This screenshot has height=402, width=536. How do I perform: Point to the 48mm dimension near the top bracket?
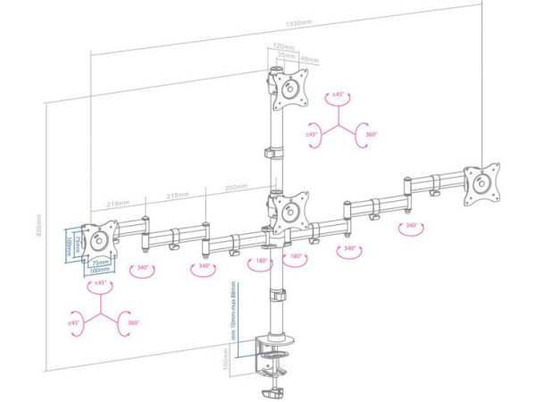309,59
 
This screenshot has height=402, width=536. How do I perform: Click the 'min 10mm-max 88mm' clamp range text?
231,317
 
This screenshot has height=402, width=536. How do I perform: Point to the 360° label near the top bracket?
371,135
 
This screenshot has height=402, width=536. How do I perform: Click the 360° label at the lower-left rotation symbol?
133,322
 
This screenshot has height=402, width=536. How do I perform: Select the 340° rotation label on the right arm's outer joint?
411,226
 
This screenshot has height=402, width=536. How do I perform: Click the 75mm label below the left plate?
99,263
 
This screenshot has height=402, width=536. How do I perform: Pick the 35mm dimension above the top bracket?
283,55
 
